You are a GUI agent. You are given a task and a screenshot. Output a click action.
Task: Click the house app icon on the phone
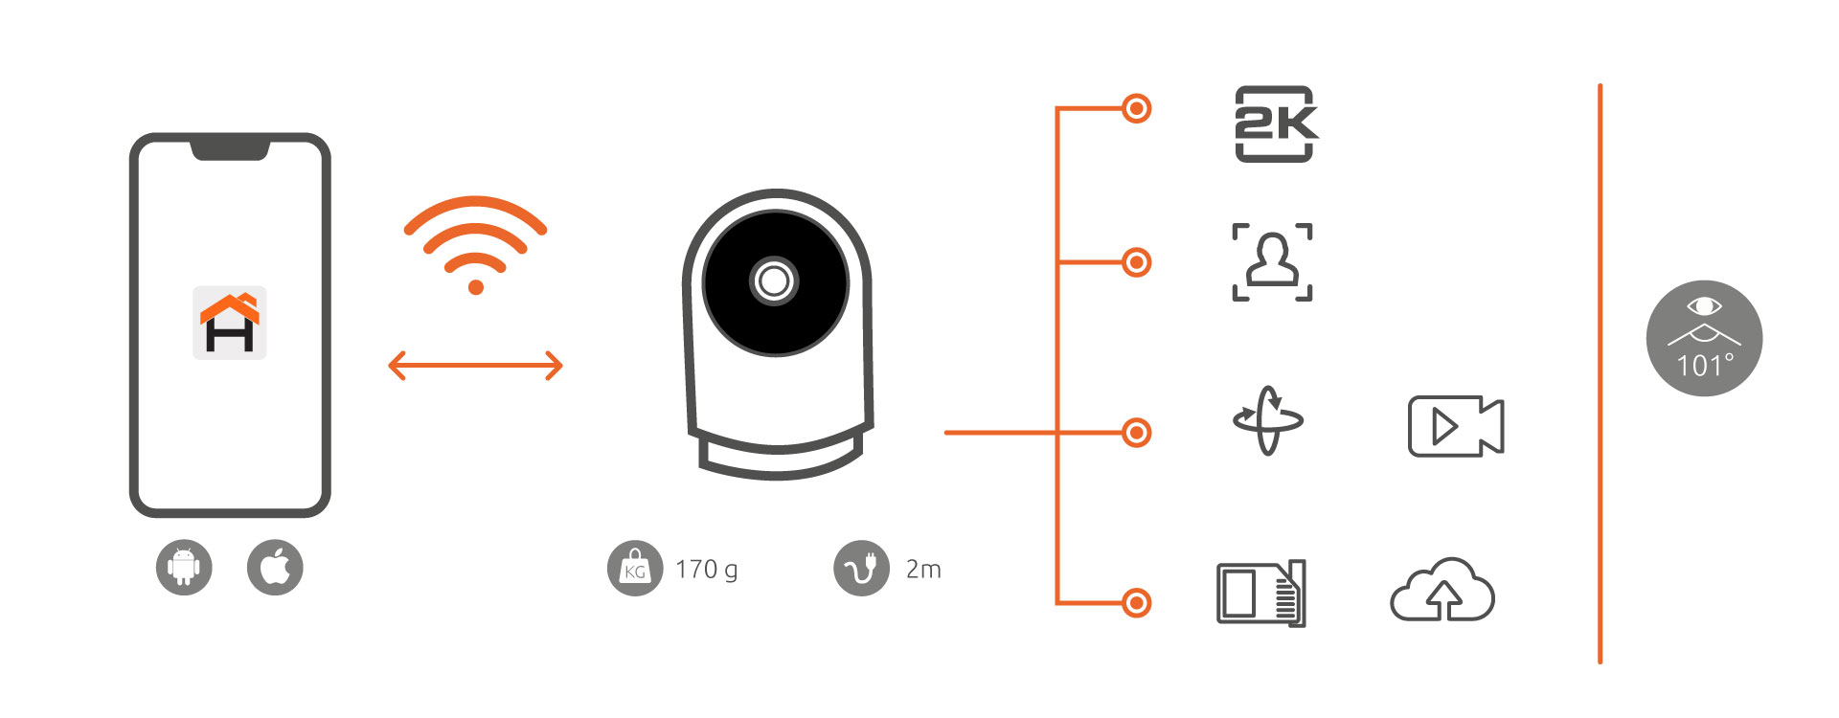[230, 323]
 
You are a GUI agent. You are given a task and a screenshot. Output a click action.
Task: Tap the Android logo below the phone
[184, 568]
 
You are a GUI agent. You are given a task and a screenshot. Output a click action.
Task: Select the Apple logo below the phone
[275, 568]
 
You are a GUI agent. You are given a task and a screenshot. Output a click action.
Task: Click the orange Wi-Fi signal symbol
[475, 244]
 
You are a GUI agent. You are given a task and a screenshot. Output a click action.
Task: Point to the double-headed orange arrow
[475, 365]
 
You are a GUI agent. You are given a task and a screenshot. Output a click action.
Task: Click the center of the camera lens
[774, 281]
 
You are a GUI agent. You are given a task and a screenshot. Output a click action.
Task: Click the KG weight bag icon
[634, 569]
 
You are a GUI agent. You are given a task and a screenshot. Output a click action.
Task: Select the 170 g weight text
[707, 570]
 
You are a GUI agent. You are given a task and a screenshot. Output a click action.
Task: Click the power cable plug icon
[861, 569]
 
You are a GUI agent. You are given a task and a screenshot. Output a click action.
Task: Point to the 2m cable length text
[923, 570]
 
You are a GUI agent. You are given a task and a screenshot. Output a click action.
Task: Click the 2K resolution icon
[1275, 123]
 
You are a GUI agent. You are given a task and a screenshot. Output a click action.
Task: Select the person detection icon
[1272, 262]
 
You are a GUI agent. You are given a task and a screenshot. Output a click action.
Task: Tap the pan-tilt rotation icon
[1268, 420]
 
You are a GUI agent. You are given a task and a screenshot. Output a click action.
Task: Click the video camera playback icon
[1456, 426]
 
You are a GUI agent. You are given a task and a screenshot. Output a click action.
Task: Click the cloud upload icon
[1442, 592]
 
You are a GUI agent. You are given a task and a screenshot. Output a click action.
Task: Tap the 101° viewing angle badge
[1704, 338]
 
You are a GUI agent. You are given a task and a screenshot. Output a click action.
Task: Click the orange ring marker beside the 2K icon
[1136, 108]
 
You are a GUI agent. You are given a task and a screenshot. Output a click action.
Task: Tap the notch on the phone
[230, 148]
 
